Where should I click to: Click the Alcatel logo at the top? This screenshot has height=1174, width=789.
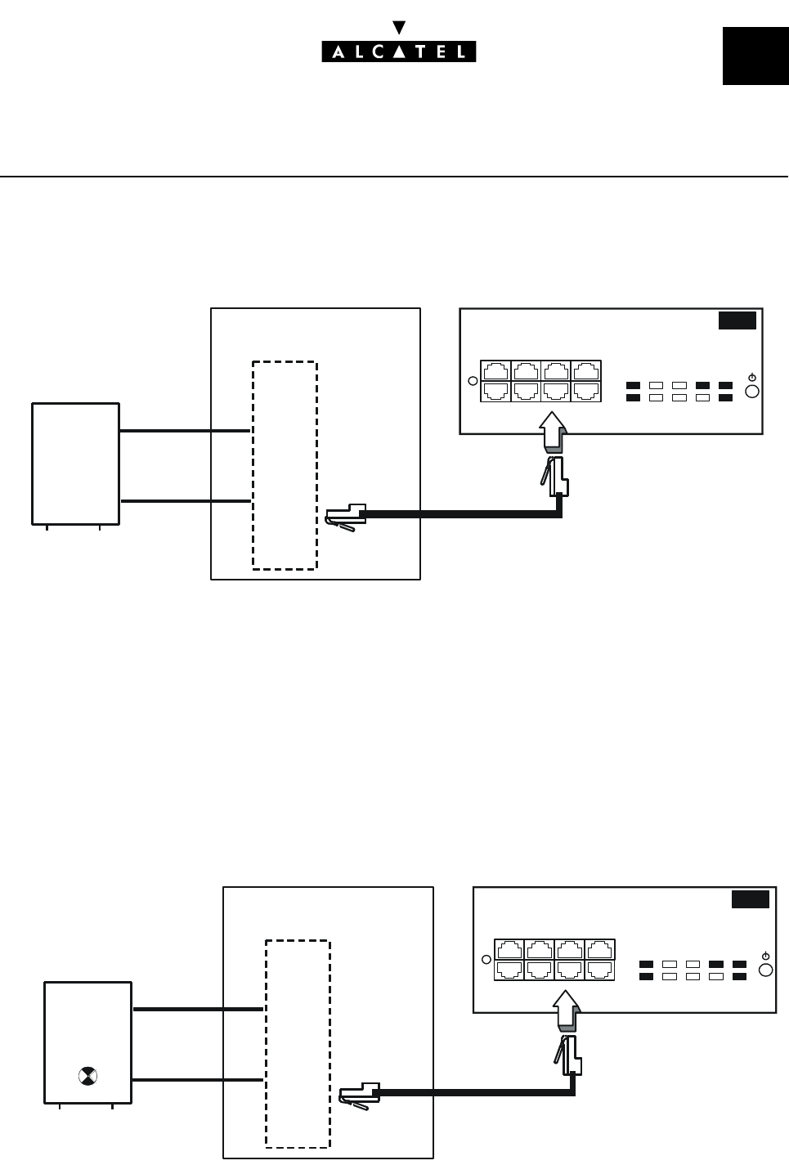pyautogui.click(x=398, y=52)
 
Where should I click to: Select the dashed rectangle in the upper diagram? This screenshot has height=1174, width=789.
pyautogui.click(x=285, y=464)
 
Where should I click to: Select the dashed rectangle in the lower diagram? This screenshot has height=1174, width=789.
pyautogui.click(x=298, y=1044)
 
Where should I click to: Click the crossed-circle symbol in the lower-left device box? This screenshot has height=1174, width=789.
pyautogui.click(x=87, y=1075)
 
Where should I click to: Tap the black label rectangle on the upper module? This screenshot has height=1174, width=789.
pyautogui.click(x=737, y=320)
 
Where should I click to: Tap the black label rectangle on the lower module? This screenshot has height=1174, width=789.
pyautogui.click(x=750, y=899)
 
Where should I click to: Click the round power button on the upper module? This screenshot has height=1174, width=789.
pyautogui.click(x=752, y=391)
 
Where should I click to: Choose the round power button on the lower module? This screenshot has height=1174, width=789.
pyautogui.click(x=765, y=970)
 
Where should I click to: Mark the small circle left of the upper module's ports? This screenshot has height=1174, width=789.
pyautogui.click(x=472, y=380)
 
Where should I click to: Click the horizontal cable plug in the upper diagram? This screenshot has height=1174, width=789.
pyautogui.click(x=346, y=517)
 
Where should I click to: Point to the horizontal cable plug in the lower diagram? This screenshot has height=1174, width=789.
pyautogui.click(x=359, y=1096)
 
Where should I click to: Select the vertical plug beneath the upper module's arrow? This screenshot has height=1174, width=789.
pyautogui.click(x=558, y=477)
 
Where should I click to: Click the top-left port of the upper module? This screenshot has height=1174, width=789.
pyautogui.click(x=495, y=370)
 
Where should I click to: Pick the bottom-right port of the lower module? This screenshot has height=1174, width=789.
pyautogui.click(x=599, y=970)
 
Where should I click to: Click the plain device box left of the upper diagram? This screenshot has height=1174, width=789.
pyautogui.click(x=75, y=463)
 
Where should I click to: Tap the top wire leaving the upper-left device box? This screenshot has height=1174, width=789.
pyautogui.click(x=185, y=430)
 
